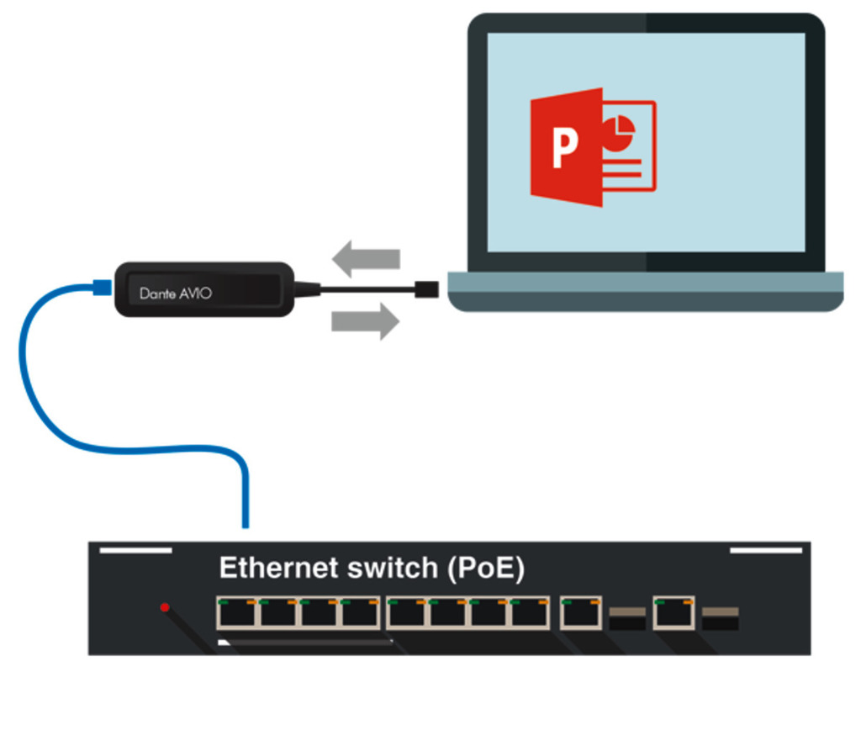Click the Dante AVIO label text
pos(176,294)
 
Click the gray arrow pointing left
pos(366,258)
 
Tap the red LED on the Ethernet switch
pos(165,606)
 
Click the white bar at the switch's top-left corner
pos(135,551)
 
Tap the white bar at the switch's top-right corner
pos(765,551)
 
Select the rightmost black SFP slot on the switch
pos(721,619)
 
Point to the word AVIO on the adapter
pos(197,294)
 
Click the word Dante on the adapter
pos(156,294)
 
